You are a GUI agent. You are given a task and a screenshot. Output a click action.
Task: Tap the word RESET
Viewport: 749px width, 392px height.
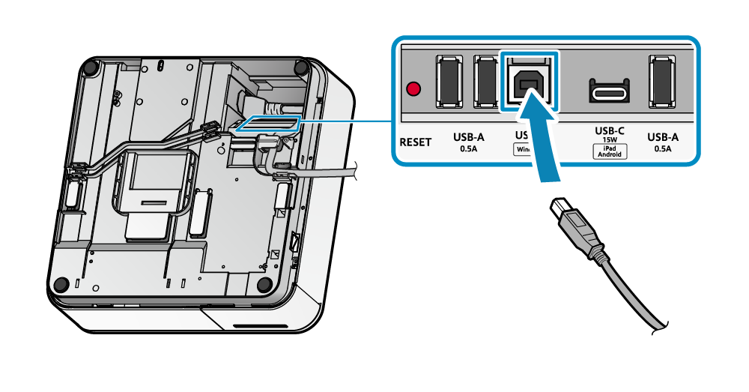click(416, 142)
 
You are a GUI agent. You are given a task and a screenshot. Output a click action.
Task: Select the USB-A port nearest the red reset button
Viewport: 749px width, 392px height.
click(449, 81)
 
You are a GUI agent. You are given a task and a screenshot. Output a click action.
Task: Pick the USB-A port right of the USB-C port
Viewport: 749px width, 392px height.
click(661, 81)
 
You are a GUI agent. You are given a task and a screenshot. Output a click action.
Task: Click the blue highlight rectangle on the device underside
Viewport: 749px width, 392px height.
click(268, 124)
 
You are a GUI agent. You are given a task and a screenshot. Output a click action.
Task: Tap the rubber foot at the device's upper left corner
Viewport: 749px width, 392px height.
click(91, 68)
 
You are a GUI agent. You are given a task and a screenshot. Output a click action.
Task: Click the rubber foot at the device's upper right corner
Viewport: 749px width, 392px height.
click(300, 67)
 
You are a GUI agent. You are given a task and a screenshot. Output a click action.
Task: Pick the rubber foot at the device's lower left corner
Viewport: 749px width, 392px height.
click(60, 284)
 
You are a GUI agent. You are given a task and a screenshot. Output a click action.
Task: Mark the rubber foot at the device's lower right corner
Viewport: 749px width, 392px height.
click(264, 285)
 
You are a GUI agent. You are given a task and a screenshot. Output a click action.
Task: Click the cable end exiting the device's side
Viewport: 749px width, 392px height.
click(352, 174)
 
